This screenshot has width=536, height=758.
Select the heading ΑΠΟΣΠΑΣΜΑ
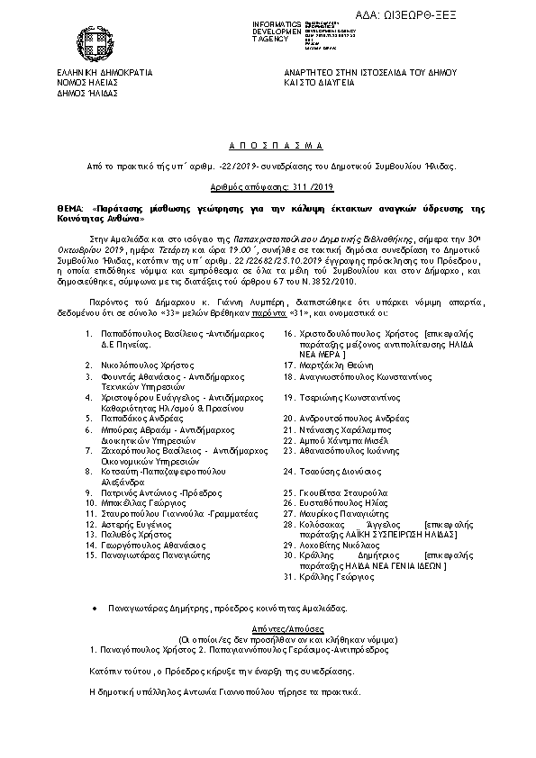point(268,144)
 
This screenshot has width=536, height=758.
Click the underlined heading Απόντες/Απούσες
point(268,626)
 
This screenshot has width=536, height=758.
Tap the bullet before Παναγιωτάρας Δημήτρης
point(95,609)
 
